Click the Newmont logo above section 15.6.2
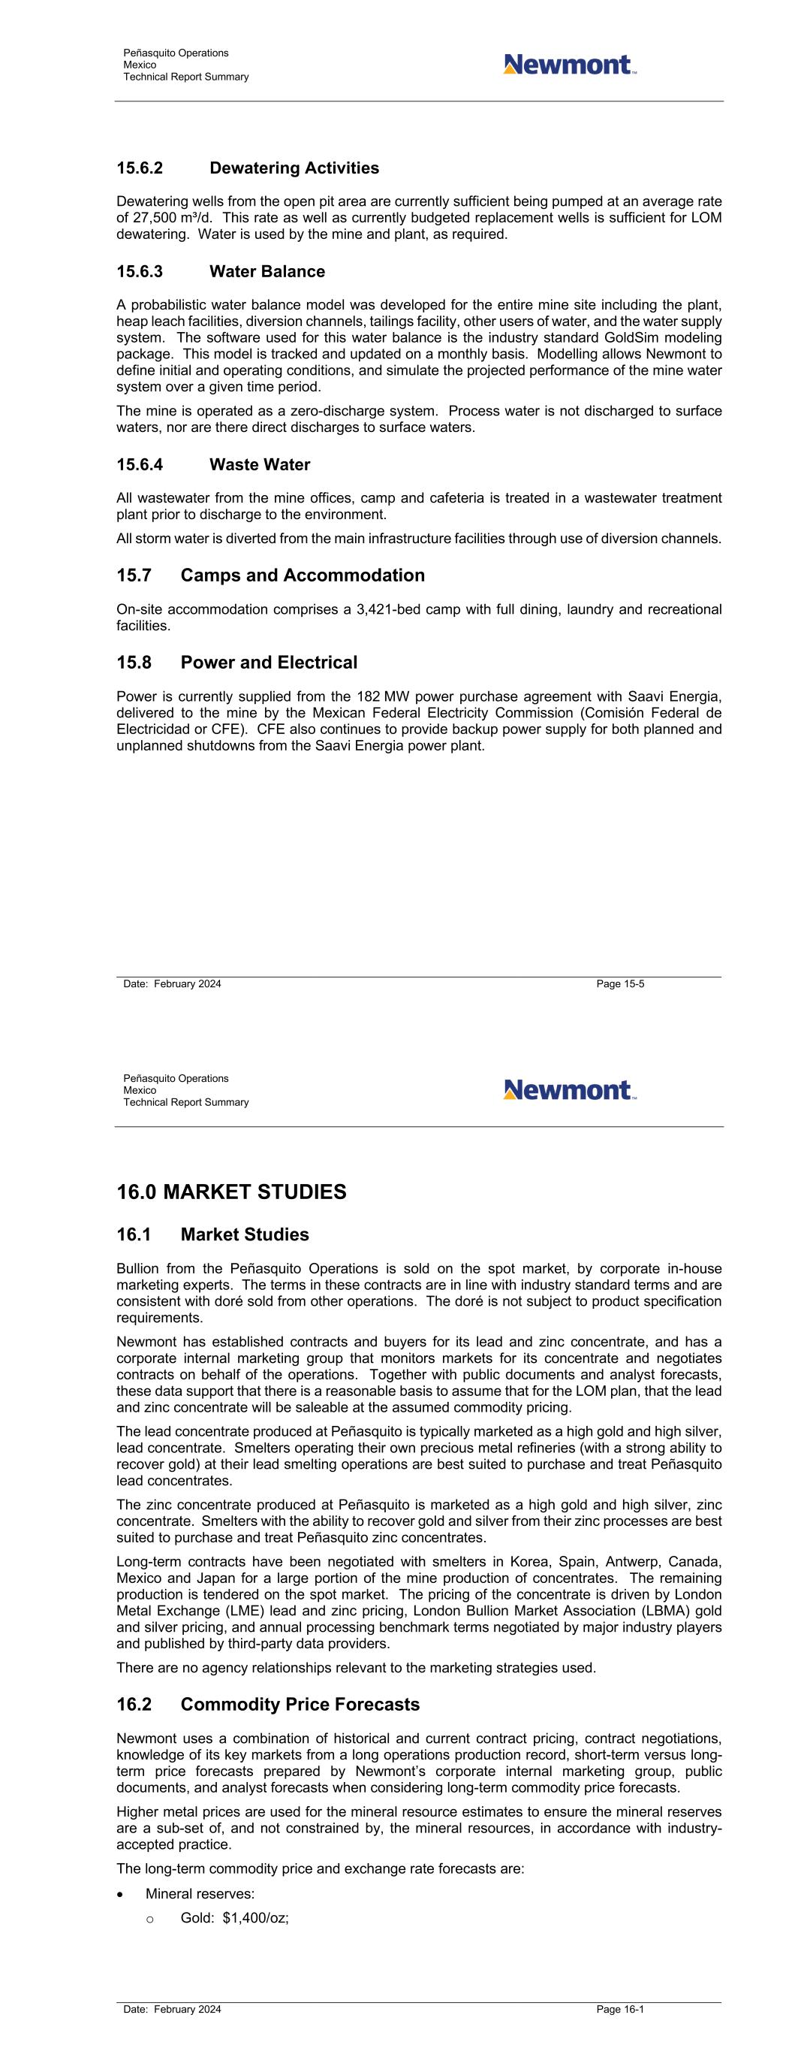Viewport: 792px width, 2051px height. click(x=569, y=65)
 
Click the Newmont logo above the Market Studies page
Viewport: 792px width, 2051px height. click(x=569, y=1089)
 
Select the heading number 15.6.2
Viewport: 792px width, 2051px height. click(x=140, y=168)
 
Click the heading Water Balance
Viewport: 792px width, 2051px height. click(x=267, y=271)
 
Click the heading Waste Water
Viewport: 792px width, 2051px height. click(x=260, y=465)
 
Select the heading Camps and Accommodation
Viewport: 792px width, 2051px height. click(x=303, y=575)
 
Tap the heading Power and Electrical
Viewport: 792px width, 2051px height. click(x=268, y=663)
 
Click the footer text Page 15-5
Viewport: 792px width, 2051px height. click(x=620, y=984)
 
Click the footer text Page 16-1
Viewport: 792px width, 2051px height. click(x=620, y=2010)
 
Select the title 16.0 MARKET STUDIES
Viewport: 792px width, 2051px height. click(x=230, y=1192)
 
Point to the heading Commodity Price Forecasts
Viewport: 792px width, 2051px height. click(x=300, y=1705)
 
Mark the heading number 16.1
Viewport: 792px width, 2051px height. click(x=134, y=1235)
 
